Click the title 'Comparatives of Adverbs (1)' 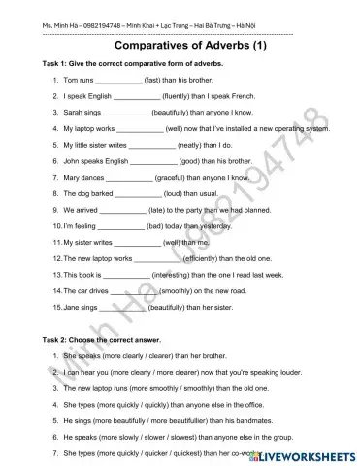point(179,46)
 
